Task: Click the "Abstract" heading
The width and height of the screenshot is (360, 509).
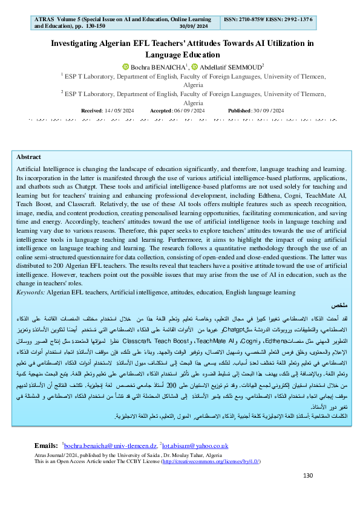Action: click(x=28, y=157)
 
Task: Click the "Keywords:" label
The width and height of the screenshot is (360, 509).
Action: click(x=30, y=291)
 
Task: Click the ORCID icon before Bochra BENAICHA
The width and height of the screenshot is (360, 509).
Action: click(x=126, y=66)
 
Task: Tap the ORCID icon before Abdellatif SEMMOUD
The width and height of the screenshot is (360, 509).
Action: click(x=195, y=66)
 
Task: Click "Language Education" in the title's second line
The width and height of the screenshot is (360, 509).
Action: click(x=180, y=54)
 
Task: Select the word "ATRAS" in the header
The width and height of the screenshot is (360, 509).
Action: click(x=42, y=19)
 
